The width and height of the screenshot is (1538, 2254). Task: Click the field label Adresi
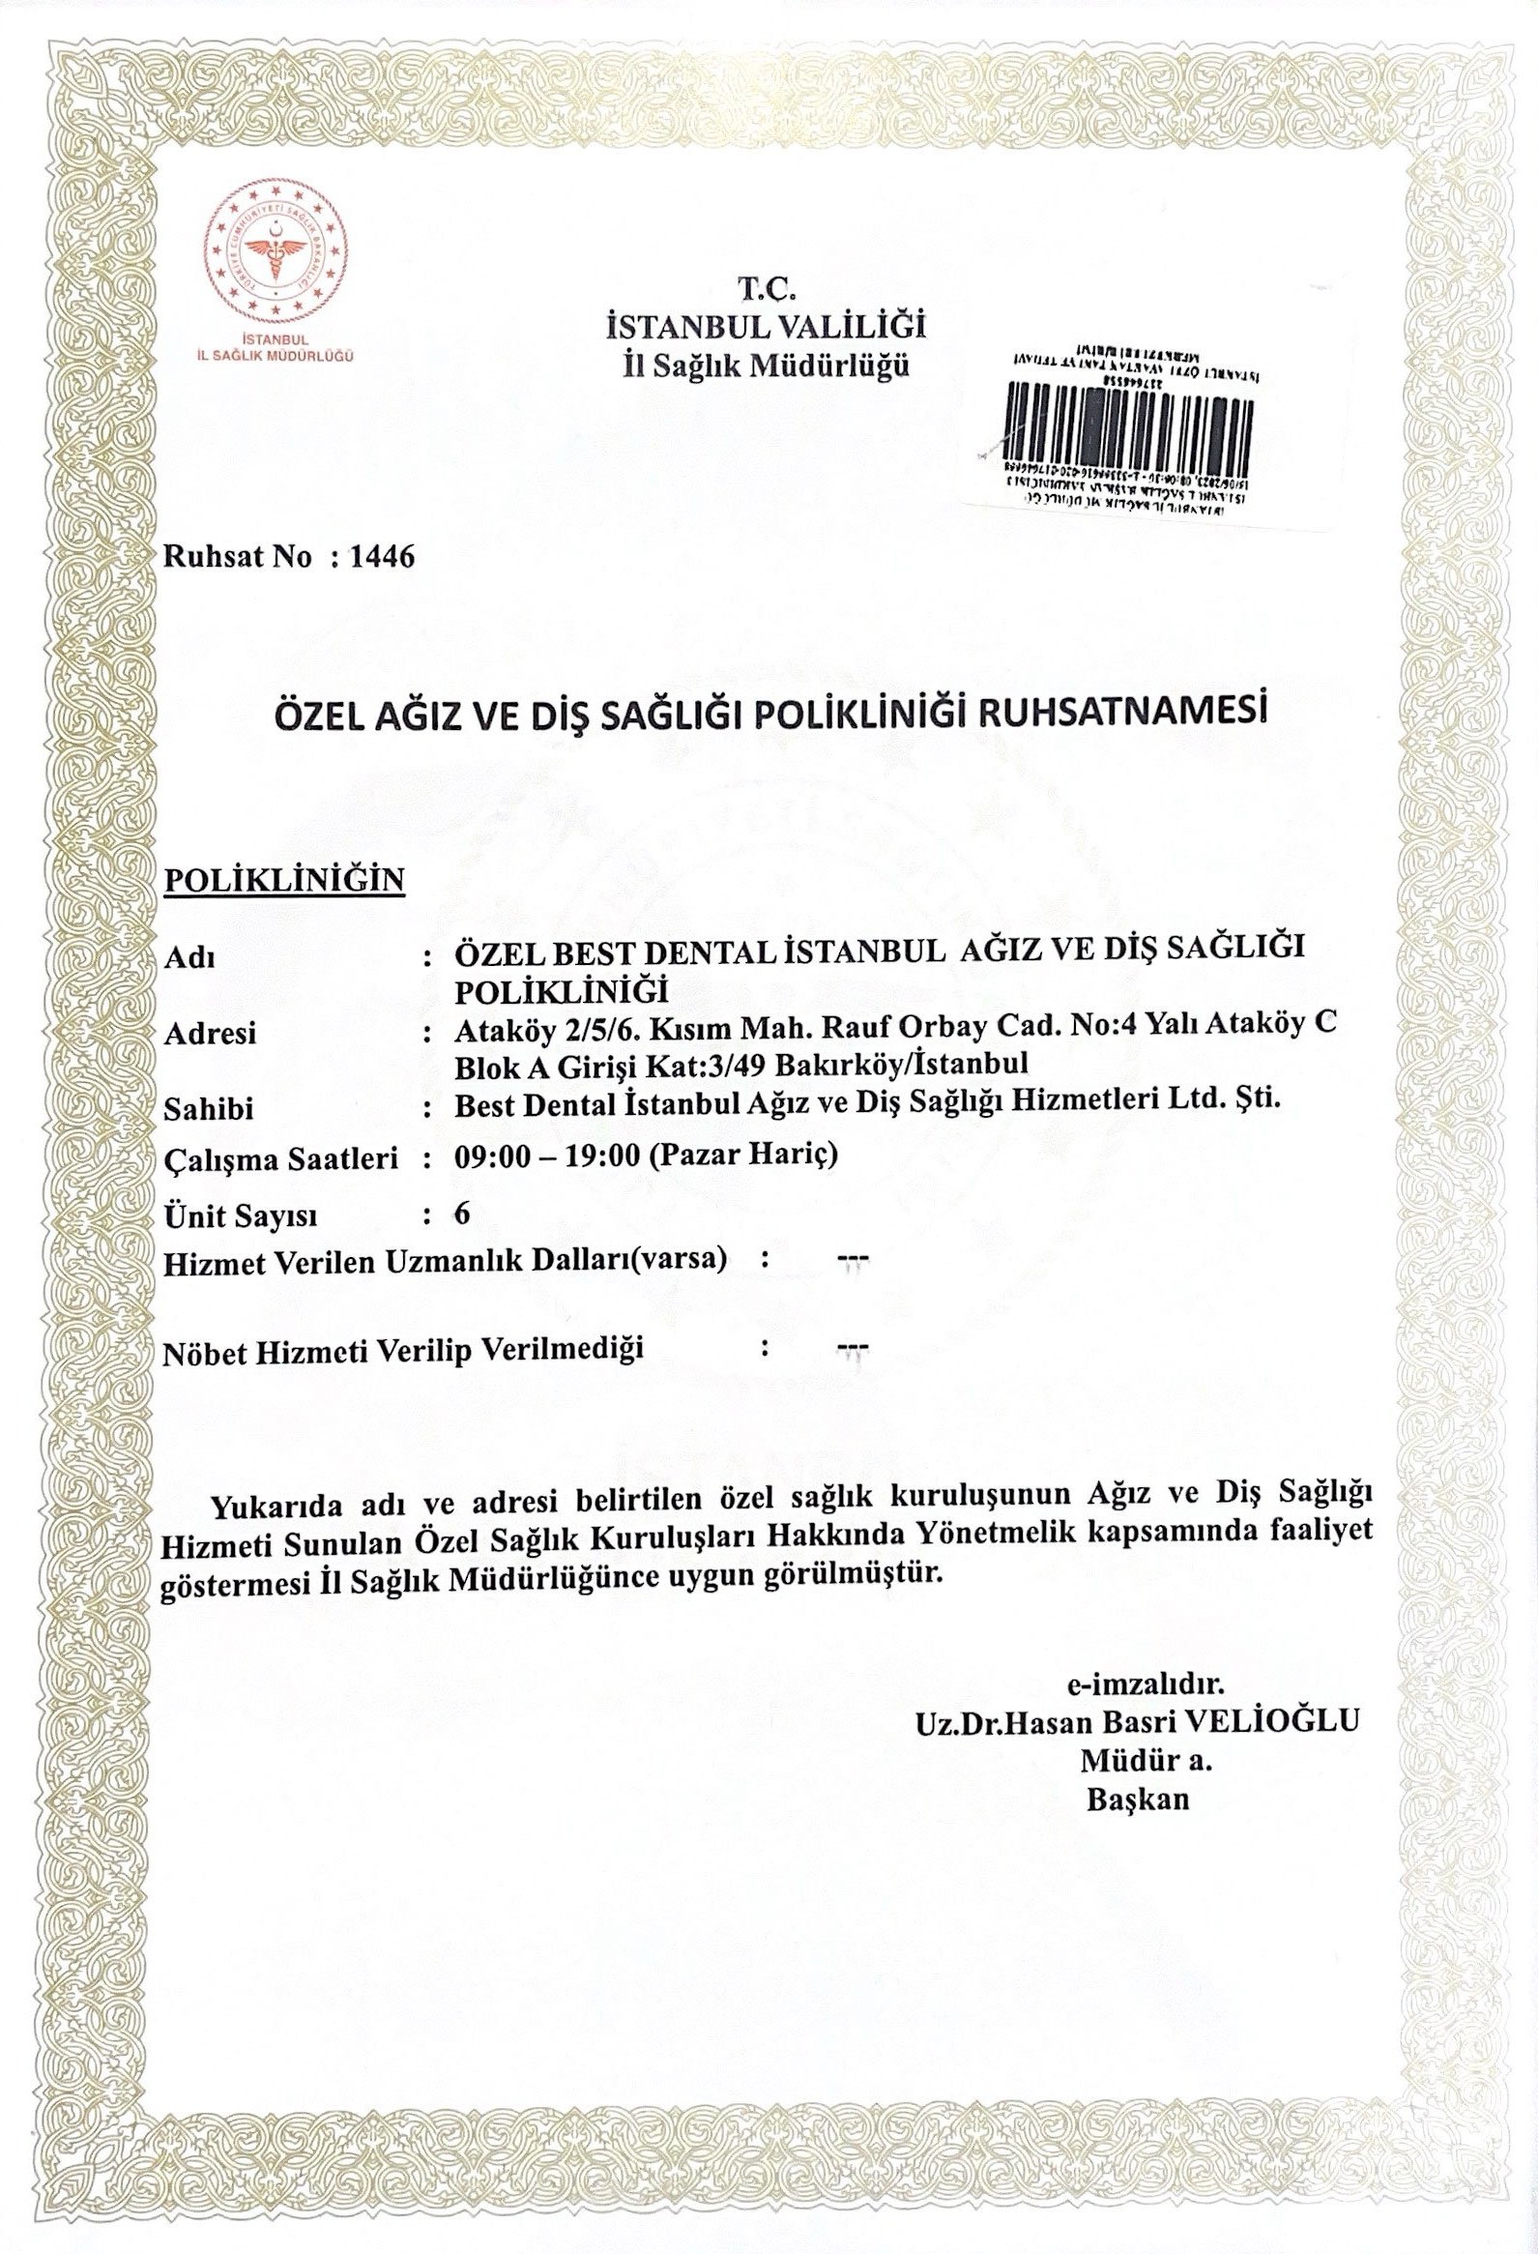coord(211,1034)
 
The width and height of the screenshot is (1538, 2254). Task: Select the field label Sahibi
coord(209,1108)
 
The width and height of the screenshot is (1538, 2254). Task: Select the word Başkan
coord(1138,1800)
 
